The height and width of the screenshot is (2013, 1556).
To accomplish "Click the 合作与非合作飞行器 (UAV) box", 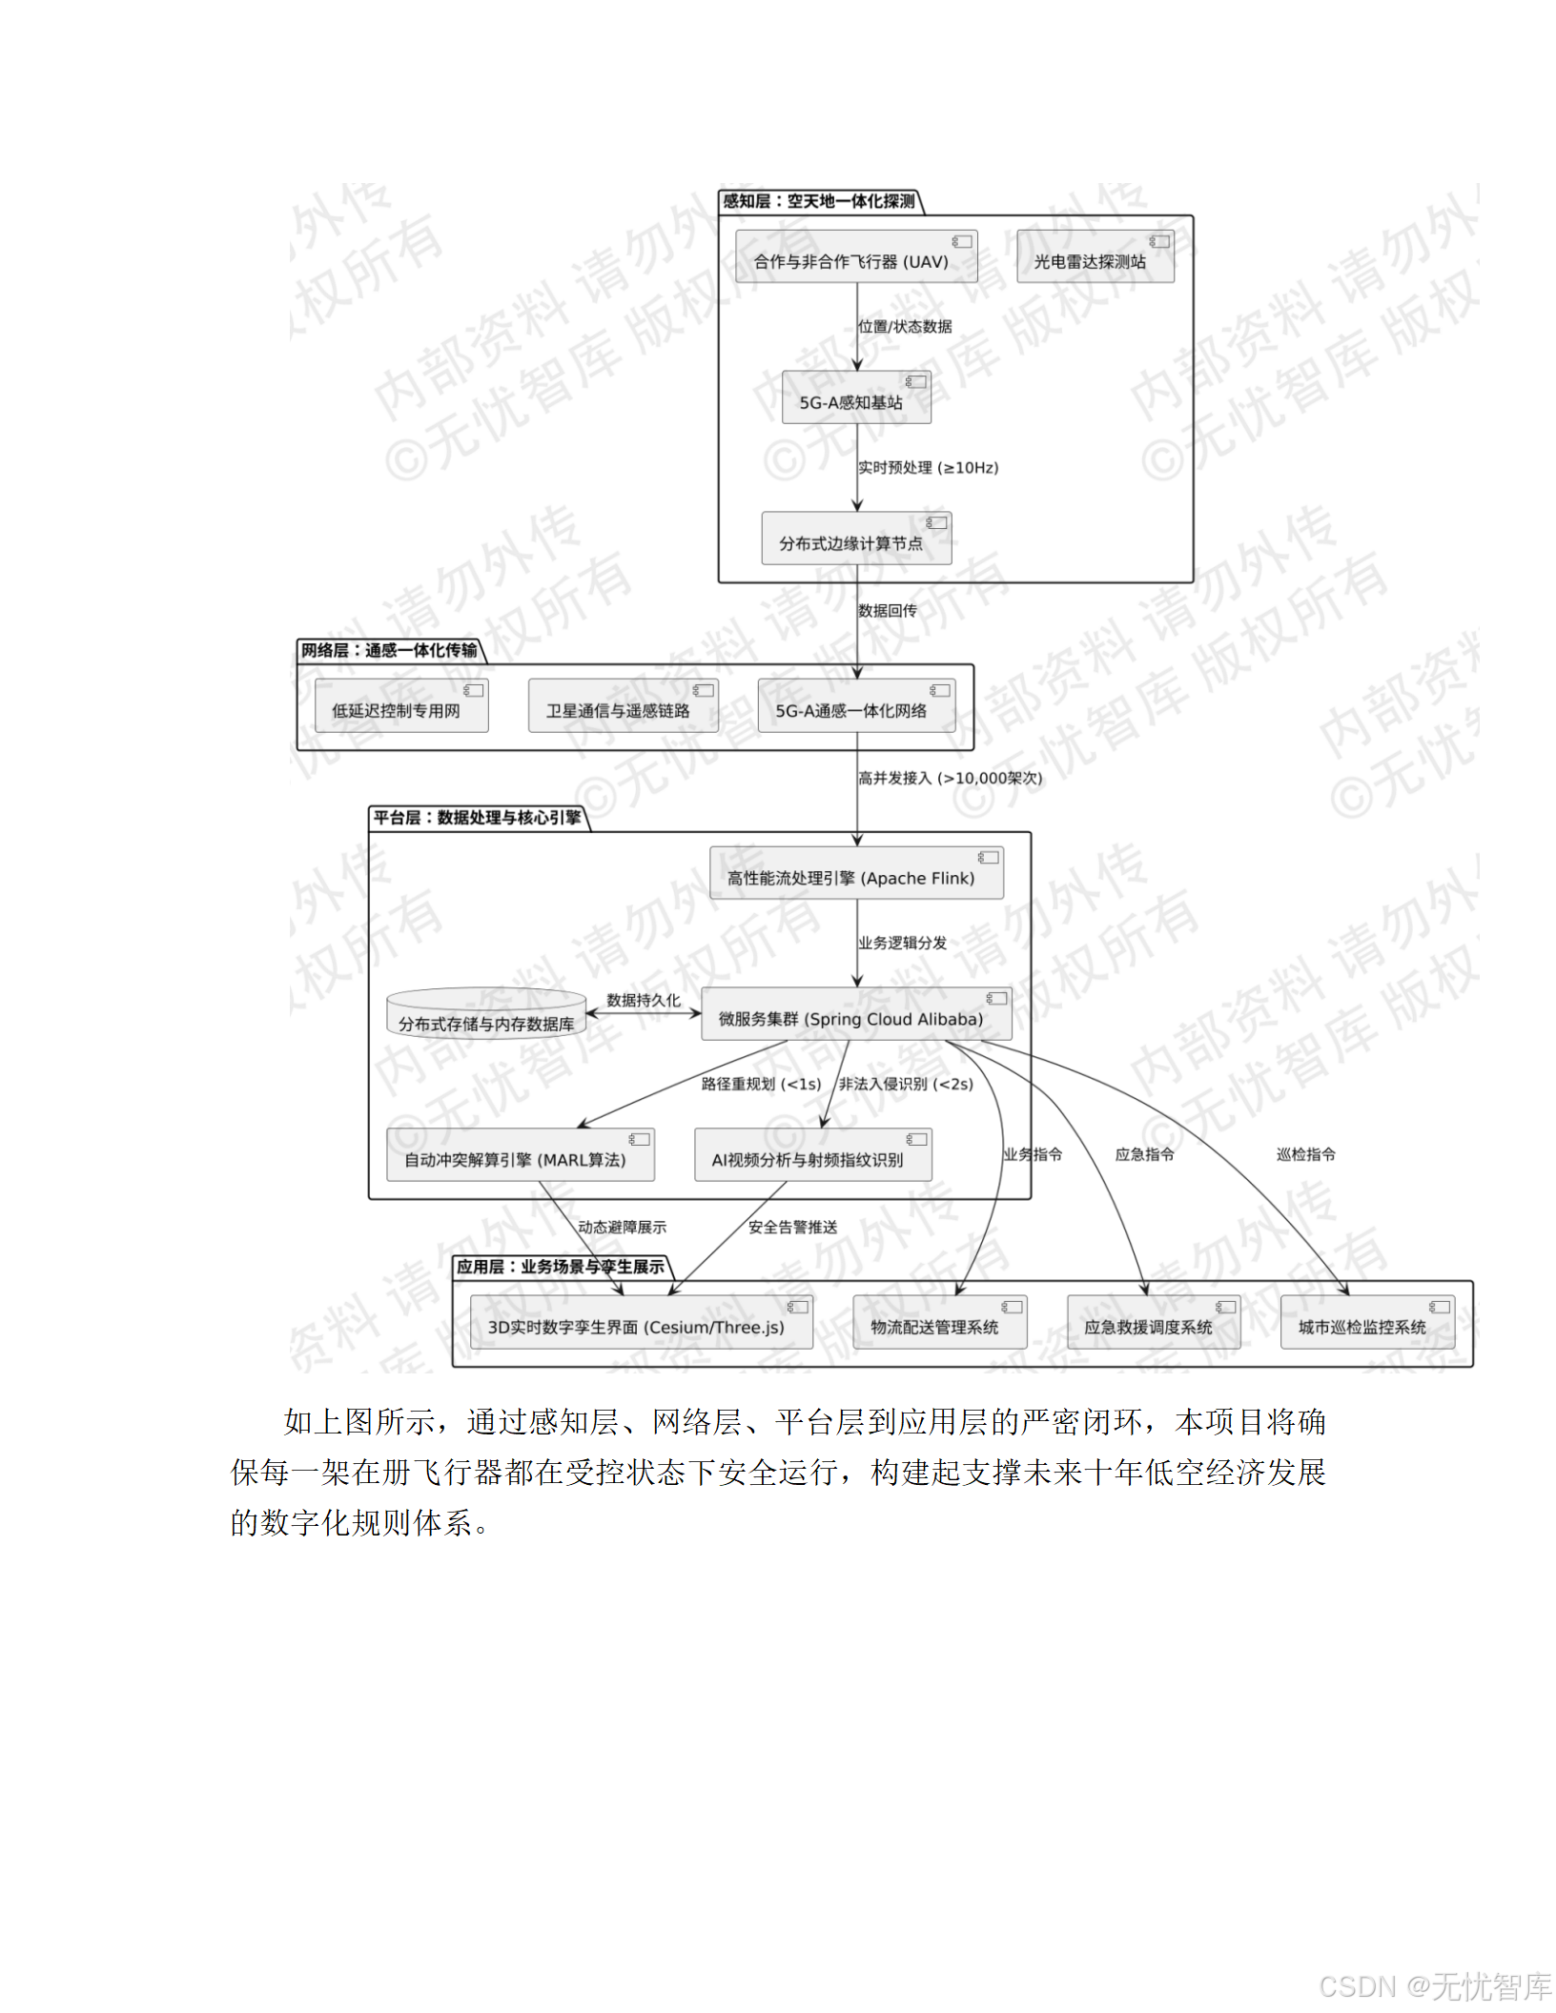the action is [x=855, y=257].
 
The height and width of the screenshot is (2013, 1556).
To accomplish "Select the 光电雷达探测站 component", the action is [x=1095, y=257].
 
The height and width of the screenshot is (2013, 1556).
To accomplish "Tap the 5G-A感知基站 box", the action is [x=855, y=398].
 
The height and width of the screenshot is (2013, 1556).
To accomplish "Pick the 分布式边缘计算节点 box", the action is [x=855, y=539].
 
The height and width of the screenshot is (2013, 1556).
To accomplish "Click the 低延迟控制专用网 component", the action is [x=401, y=707].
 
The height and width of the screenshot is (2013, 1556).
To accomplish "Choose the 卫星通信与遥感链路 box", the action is [x=623, y=707].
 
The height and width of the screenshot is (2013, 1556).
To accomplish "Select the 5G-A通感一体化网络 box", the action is [x=855, y=707].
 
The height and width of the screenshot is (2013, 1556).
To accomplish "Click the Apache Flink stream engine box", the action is [x=855, y=874].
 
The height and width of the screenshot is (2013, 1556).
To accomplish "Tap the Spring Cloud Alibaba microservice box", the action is [x=855, y=1015].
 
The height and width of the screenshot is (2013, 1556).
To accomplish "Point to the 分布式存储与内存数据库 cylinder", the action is [x=486, y=1014].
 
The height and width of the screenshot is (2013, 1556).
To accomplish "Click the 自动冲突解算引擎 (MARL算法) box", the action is [x=520, y=1156].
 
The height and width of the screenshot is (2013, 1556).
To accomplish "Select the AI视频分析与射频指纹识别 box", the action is [x=812, y=1156].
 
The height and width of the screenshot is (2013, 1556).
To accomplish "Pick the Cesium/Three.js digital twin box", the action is [x=641, y=1323].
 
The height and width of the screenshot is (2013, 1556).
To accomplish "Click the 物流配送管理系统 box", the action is [x=939, y=1323].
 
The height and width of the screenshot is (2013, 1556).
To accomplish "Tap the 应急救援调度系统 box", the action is [x=1153, y=1323].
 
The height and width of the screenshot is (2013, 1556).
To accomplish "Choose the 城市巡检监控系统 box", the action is [x=1366, y=1323].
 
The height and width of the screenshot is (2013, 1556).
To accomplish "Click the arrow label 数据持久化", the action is [x=644, y=1001].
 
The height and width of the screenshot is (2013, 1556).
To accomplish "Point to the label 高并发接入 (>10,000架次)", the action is [x=950, y=779].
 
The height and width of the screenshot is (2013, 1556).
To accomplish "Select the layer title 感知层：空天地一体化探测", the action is [x=818, y=201].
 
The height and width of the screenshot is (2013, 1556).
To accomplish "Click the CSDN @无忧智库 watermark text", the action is [x=1434, y=1986].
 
